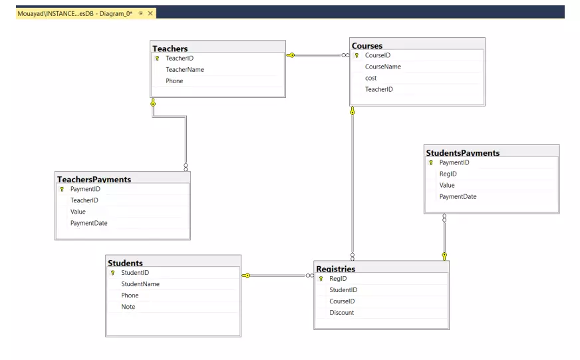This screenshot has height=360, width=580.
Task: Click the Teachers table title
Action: click(170, 49)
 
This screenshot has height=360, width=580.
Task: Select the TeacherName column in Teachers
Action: click(185, 69)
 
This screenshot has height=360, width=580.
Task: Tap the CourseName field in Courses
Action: click(383, 67)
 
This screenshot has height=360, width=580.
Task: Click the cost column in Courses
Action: click(371, 78)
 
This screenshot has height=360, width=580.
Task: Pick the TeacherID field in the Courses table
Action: click(379, 89)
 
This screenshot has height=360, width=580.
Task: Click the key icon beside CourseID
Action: click(357, 55)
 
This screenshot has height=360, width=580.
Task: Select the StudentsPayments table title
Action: click(463, 153)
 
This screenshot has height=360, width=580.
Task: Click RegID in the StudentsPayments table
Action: click(448, 174)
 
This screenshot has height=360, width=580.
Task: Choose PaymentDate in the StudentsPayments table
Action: click(458, 196)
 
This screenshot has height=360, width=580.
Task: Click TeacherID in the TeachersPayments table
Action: click(84, 200)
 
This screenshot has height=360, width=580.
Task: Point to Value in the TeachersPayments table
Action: click(78, 212)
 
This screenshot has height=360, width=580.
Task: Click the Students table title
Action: click(126, 264)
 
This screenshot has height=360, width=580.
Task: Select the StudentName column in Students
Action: click(140, 284)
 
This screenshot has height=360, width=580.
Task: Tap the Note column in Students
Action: click(128, 307)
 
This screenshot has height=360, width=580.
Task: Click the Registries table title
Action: click(336, 270)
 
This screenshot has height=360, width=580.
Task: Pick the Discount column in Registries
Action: click(342, 313)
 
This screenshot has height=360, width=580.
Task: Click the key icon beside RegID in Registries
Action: click(321, 279)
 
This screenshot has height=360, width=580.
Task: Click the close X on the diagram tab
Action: click(150, 13)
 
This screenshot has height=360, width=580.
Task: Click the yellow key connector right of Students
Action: click(247, 275)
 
